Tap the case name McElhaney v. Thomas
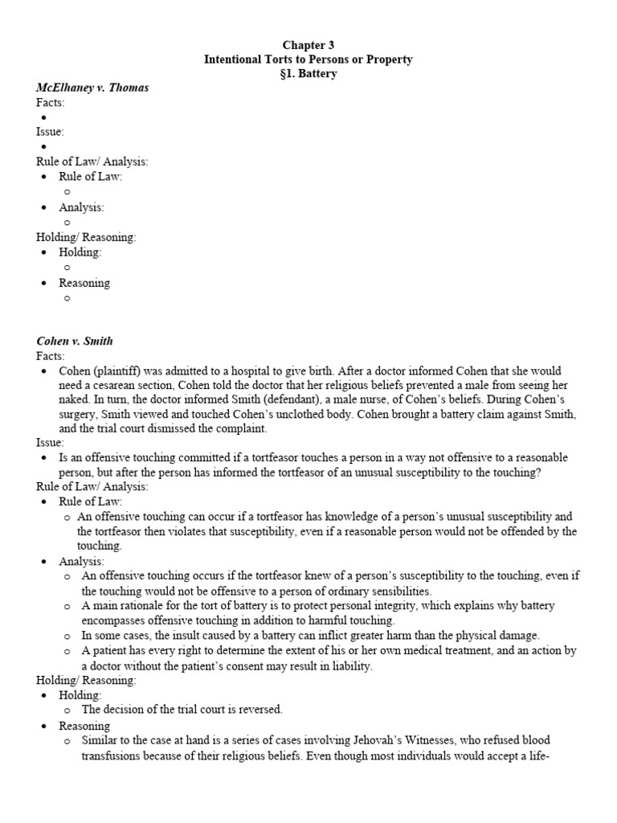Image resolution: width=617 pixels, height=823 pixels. point(92,88)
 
